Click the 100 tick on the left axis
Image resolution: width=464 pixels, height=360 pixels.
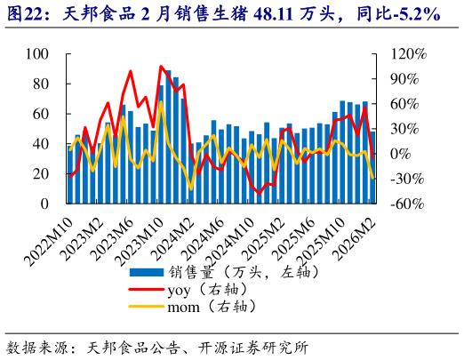pos(38,54)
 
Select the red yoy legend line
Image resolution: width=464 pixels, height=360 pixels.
pos(146,289)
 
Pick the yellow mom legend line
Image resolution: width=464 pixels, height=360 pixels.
pos(146,307)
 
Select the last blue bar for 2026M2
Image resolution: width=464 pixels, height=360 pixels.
pos(372,167)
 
